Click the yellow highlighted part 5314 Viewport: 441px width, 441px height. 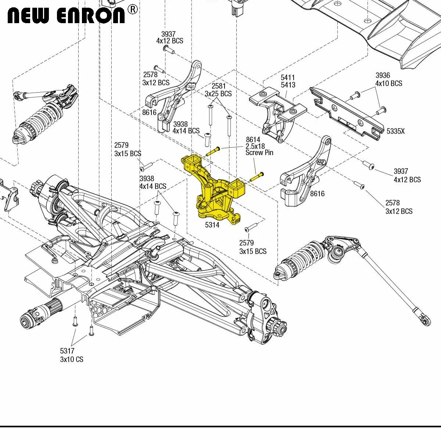(214, 190)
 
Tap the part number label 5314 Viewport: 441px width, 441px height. (212, 225)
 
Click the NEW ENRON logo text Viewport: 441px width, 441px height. (67, 15)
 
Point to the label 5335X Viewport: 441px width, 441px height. (396, 131)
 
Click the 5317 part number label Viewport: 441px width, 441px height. (67, 351)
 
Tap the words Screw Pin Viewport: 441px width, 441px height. (259, 153)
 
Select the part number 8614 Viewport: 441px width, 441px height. (253, 139)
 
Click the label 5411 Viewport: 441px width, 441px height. (288, 77)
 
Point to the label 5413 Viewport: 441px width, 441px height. (288, 85)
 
